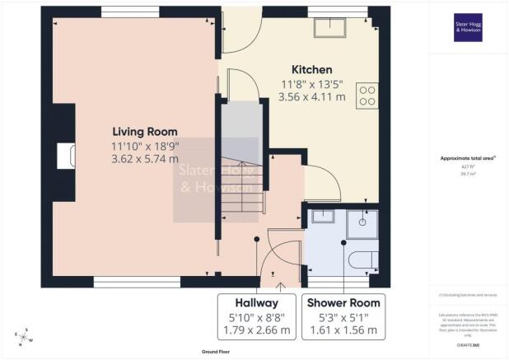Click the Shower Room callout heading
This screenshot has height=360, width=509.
coord(344,301)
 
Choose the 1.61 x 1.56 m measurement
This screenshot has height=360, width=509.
coord(344,330)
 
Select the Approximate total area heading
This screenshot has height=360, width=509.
coord(467,157)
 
